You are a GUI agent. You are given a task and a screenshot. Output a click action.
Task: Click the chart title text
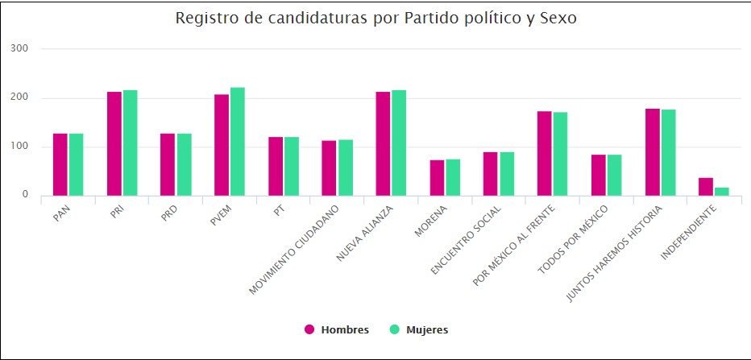pyautogui.click(x=375, y=19)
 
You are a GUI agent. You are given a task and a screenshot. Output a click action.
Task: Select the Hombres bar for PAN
pyautogui.click(x=60, y=164)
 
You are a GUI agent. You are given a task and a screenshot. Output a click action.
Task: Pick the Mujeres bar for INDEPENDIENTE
pyautogui.click(x=721, y=192)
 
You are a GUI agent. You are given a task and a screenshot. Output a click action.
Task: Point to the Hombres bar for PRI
pyautogui.click(x=114, y=143)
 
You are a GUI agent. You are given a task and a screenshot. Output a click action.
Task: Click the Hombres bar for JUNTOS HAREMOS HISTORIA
pyautogui.click(x=652, y=152)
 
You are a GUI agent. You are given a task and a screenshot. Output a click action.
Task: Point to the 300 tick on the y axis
pyautogui.click(x=20, y=49)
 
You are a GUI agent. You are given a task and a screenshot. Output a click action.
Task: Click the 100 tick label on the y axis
pyautogui.click(x=20, y=147)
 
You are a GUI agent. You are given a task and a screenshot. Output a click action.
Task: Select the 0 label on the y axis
pyautogui.click(x=25, y=195)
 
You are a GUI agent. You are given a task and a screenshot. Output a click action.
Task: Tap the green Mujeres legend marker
pyautogui.click(x=394, y=329)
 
